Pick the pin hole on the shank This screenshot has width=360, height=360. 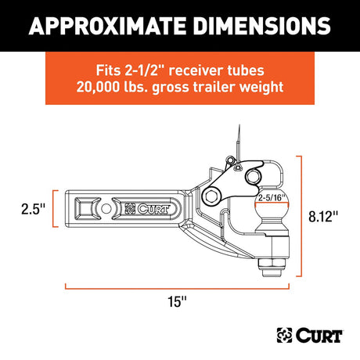[x=104, y=209]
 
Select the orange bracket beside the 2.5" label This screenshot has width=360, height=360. [x=56, y=209]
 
